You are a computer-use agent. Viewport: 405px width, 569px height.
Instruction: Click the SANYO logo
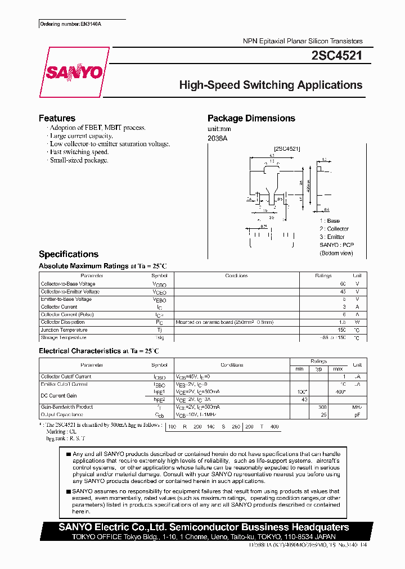pos(74,72)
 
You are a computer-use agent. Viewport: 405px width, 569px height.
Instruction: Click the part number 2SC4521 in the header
pos(336,56)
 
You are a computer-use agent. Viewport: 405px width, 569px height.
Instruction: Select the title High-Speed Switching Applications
pos(271,85)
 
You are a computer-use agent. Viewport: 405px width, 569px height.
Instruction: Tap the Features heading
pos(57,118)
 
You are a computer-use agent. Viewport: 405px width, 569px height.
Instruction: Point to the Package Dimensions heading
pos(251,118)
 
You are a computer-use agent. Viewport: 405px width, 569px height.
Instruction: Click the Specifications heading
pos(68,254)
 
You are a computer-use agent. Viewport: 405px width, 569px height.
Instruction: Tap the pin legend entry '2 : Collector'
pos(334,229)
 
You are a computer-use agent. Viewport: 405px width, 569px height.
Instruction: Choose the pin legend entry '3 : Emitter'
pos(332,237)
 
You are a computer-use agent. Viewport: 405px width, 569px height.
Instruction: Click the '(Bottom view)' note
pos(336,253)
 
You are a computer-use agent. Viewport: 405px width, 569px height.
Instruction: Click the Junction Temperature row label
pos(64,330)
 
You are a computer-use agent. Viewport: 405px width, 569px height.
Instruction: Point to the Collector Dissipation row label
pos(63,322)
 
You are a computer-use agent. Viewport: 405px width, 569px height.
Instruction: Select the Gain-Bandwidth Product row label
pos(66,407)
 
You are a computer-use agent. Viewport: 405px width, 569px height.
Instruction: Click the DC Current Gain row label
pos(58,395)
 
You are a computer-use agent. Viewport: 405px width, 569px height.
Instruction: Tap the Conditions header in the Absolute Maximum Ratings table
pos(236,276)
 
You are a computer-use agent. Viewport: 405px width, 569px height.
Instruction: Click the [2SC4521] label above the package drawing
pos(287,148)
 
